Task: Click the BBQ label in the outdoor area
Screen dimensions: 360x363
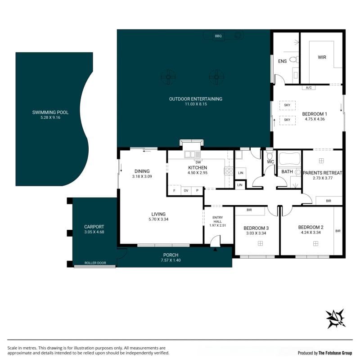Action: [x=218, y=36]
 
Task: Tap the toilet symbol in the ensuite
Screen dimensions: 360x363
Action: [x=294, y=59]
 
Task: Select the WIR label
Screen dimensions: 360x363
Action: [x=322, y=57]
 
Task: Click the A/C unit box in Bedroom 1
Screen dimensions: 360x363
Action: [x=309, y=88]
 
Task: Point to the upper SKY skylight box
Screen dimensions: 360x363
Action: [x=287, y=105]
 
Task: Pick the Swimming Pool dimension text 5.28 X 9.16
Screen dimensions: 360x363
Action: [x=50, y=117]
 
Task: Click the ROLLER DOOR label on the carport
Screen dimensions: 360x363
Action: [x=95, y=263]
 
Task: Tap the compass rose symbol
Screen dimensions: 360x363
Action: [x=335, y=318]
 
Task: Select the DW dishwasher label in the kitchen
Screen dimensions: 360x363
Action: [x=198, y=162]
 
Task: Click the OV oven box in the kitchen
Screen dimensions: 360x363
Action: [x=186, y=191]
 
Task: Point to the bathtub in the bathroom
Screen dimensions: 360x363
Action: [x=290, y=159]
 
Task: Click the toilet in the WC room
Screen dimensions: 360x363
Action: [x=270, y=155]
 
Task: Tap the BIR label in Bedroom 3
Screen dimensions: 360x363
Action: [x=249, y=210]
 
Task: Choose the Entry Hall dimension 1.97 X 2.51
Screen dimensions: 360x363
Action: [x=217, y=225]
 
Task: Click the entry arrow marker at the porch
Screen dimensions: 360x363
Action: [x=215, y=249]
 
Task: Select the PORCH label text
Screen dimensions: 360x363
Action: [x=171, y=255]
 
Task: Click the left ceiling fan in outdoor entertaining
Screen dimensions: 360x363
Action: [x=168, y=77]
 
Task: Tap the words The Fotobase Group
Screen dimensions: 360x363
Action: [x=335, y=353]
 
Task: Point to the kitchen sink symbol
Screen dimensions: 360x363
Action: [x=193, y=154]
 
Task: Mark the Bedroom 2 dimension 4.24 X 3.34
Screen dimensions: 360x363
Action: [x=310, y=233]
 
